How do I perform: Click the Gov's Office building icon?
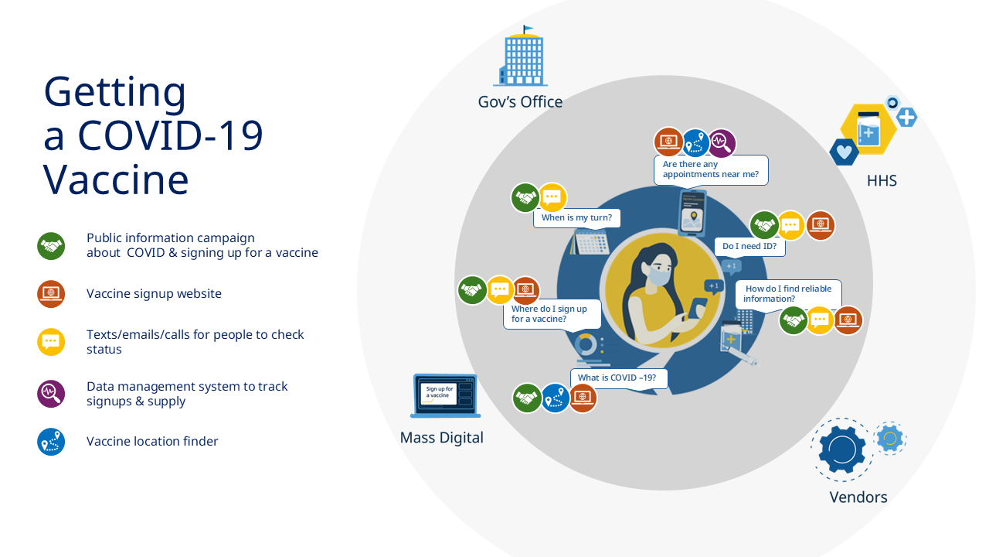pos(521,56)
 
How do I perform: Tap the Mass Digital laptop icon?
pos(445,395)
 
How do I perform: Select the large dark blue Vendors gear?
pos(842,449)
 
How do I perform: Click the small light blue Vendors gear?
pos(890,438)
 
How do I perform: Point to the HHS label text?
pos(882,180)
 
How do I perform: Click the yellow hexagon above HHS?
pos(868,129)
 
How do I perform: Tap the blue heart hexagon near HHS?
pos(844,152)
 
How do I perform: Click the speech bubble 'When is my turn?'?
pos(576,218)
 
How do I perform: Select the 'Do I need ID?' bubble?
pos(749,247)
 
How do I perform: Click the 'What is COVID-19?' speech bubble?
pos(618,378)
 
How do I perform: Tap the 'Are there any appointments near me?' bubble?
pos(711,169)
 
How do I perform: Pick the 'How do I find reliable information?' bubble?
pos(788,294)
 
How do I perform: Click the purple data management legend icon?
pos(51,394)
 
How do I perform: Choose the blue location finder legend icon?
pos(51,442)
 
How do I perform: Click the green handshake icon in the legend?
pos(51,246)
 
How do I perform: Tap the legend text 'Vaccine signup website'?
pos(154,293)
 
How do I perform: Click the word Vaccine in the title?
pos(116,179)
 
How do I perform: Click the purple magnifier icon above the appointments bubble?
pos(722,143)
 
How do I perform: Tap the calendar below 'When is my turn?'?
pos(590,242)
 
